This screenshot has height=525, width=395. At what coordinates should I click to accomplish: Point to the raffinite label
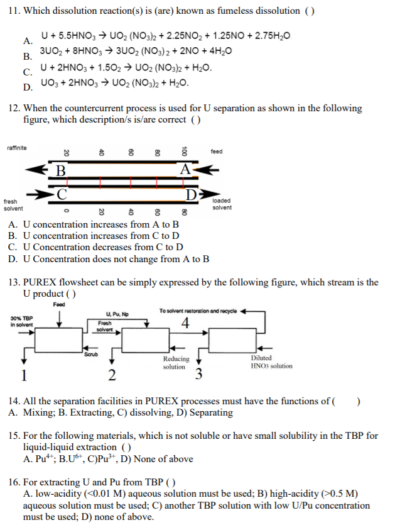pos(17,148)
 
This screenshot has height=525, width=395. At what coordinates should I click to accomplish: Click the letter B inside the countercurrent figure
pos(60,170)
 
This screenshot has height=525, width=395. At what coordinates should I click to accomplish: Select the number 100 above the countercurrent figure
pos(185,152)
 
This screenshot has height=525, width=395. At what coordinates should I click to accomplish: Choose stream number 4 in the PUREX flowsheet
pos(185,324)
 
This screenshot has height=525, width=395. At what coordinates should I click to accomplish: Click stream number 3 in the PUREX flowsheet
pos(198,375)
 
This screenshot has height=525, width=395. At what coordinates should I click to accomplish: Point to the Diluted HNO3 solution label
pos(271,362)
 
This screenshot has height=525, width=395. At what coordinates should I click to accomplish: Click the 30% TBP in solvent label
pos(23,321)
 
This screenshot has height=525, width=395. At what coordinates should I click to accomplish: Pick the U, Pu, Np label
pos(118,313)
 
